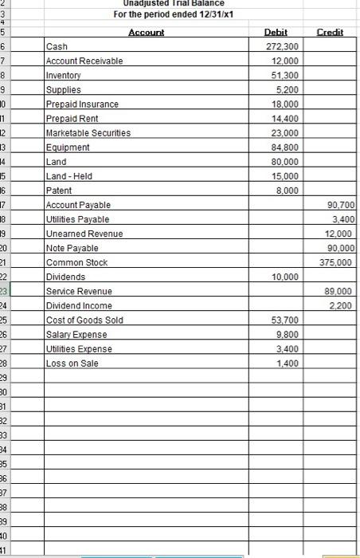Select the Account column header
[147, 32]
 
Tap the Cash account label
[57, 47]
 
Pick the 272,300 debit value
[283, 47]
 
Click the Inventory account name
[64, 76]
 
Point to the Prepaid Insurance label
[83, 104]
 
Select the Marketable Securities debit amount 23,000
[286, 133]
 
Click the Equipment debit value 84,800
[286, 147]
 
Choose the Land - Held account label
[69, 176]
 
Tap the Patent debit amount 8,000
[288, 191]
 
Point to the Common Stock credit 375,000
[338, 262]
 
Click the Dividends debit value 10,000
[286, 277]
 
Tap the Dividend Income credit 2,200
[343, 305]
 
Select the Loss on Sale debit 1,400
[288, 363]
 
